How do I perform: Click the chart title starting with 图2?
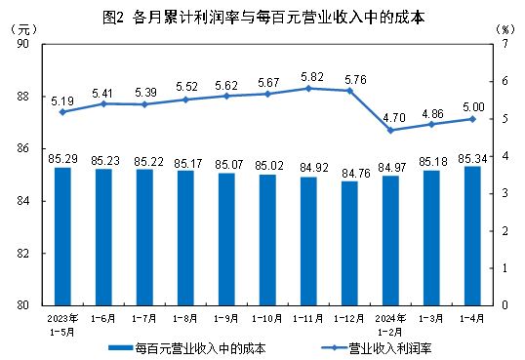point(262,18)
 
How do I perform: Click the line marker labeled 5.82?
point(308,88)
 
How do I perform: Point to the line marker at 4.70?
point(390,130)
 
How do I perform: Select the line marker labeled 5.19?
point(62,112)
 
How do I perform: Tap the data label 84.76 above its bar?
point(349,174)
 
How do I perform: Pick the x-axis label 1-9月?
point(226,318)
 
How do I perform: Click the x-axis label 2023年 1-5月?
point(62,323)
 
